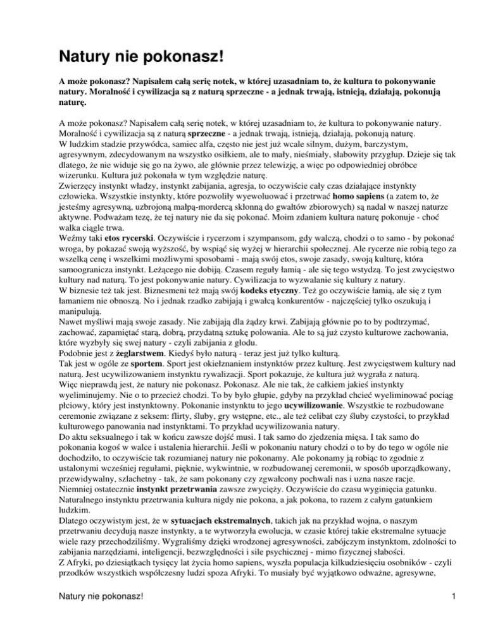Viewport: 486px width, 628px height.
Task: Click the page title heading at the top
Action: pyautogui.click(x=142, y=57)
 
